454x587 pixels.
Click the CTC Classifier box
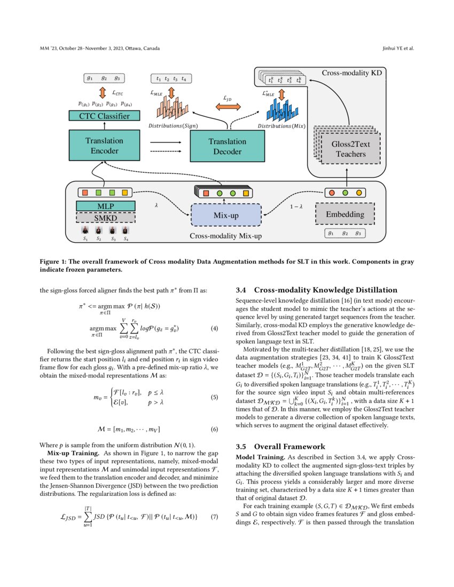(104, 115)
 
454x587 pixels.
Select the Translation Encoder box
(104, 146)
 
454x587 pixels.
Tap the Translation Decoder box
(227, 146)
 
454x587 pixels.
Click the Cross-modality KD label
(350, 72)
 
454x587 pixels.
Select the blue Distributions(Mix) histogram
(281, 110)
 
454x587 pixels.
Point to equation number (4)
(214, 328)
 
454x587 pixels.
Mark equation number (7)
(214, 517)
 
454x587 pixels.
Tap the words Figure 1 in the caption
(53, 263)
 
